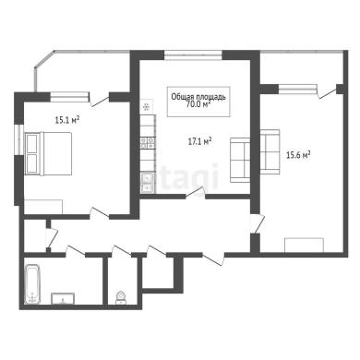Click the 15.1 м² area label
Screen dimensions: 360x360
point(67,120)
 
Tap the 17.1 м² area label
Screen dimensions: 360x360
point(199,141)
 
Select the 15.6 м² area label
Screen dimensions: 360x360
point(298,154)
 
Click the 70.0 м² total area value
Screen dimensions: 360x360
point(198,104)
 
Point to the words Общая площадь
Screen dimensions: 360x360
point(198,97)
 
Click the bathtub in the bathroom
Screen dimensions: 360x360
point(32,283)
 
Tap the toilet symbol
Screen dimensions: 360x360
point(120,298)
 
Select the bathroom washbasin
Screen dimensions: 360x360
point(63,299)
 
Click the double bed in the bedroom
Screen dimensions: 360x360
point(48,153)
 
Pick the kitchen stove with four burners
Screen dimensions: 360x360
point(148,142)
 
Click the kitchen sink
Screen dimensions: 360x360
point(148,182)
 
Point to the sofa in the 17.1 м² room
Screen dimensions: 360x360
point(240,160)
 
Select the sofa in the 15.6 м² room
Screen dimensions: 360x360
point(270,151)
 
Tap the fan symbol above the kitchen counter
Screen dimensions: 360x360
point(146,107)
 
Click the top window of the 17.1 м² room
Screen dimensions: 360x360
point(193,54)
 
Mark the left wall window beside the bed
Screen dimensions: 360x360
point(19,139)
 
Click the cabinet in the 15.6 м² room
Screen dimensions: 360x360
point(304,246)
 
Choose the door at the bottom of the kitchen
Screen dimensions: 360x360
point(196,193)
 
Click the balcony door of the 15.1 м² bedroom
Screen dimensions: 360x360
point(99,100)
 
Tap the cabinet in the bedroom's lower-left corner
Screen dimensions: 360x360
point(43,207)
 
